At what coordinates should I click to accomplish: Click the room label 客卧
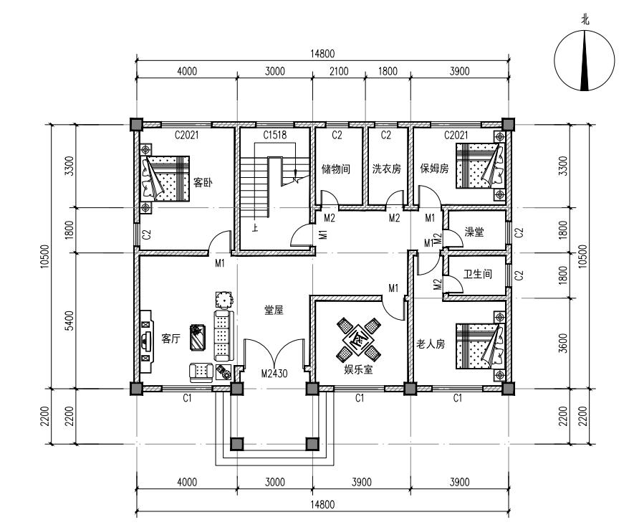[x=203, y=183]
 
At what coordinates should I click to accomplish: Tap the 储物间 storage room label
[x=335, y=169]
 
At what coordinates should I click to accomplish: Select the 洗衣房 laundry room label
[x=387, y=169]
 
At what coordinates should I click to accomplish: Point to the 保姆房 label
[x=434, y=169]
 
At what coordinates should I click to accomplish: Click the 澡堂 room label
[x=474, y=232]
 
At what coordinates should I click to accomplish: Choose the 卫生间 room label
[x=478, y=274]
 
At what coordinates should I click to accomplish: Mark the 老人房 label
[x=431, y=344]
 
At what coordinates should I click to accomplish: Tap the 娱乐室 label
[x=358, y=369]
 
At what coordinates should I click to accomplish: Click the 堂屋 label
[x=274, y=310]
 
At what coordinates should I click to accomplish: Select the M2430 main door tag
[x=274, y=373]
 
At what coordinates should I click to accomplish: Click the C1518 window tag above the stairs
[x=275, y=135]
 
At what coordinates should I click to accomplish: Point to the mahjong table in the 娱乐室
[x=359, y=339]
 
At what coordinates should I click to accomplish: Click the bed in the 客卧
[x=165, y=179]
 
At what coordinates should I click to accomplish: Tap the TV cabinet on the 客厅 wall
[x=146, y=341]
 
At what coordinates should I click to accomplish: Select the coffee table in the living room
[x=197, y=337]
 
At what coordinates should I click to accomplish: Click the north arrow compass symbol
[x=585, y=61]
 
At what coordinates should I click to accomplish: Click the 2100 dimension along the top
[x=339, y=72]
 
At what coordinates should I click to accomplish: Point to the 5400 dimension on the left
[x=70, y=321]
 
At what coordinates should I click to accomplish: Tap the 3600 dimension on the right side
[x=562, y=344]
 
